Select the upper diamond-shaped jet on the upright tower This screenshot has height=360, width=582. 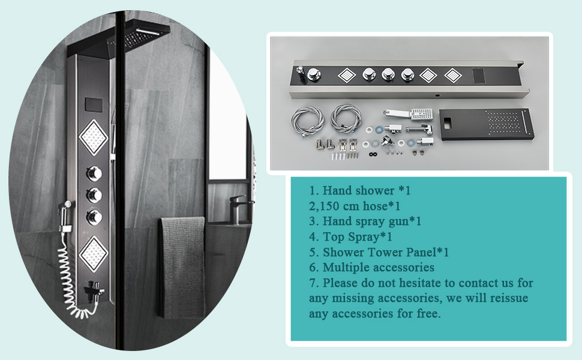[94, 137]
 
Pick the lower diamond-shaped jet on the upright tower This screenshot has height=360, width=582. [93, 253]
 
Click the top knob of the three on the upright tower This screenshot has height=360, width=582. [94, 173]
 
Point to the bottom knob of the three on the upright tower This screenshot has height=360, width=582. [94, 217]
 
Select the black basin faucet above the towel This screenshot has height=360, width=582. [239, 207]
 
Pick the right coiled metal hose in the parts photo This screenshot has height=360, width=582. [346, 118]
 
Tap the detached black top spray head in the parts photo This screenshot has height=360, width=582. [486, 124]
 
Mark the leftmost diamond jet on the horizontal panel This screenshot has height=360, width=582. [347, 76]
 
